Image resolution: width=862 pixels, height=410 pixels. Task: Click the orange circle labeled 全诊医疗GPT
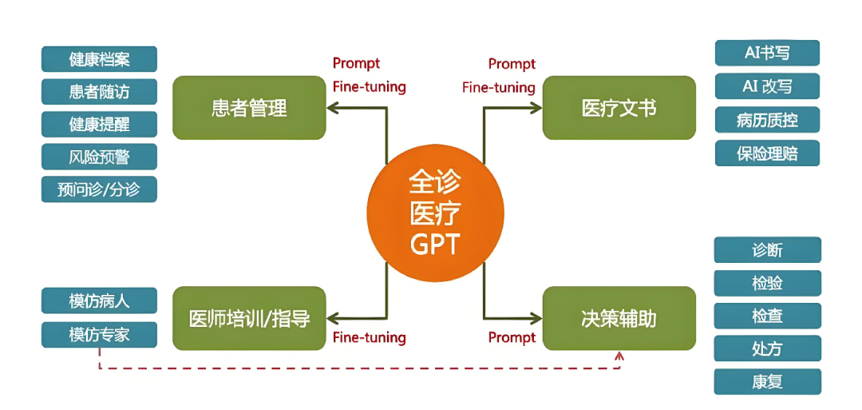[x=436, y=213]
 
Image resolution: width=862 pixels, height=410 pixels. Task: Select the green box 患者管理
[x=249, y=108]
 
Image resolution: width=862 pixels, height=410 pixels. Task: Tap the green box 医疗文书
[x=619, y=108]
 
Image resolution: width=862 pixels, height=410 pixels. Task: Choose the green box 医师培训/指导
[x=249, y=318]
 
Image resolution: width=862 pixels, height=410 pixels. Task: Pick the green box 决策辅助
[x=619, y=318]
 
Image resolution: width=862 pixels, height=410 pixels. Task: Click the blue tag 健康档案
[x=99, y=59]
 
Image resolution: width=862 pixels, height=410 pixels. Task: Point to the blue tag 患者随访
[x=99, y=92]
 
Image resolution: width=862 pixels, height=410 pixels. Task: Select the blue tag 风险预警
[x=99, y=157]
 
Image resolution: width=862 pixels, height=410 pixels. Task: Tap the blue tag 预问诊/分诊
[x=99, y=189]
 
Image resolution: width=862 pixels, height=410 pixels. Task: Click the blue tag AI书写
[x=767, y=53]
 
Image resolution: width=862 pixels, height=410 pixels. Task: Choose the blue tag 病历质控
[x=767, y=120]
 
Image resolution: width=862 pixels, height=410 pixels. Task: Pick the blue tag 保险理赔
[x=767, y=153]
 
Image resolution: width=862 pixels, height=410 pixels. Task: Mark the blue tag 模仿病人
[x=99, y=301]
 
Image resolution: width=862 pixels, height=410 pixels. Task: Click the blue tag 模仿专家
[x=99, y=334]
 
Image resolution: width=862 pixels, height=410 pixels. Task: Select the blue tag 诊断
[x=767, y=250]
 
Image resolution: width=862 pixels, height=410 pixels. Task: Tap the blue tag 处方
[x=767, y=348]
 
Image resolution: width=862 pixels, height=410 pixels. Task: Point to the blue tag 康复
[x=767, y=381]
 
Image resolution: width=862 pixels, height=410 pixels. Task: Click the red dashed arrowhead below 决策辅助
[x=619, y=356]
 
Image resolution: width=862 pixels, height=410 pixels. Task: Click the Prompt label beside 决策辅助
[x=512, y=337]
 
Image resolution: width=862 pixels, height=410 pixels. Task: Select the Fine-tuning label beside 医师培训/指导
[x=369, y=337]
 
